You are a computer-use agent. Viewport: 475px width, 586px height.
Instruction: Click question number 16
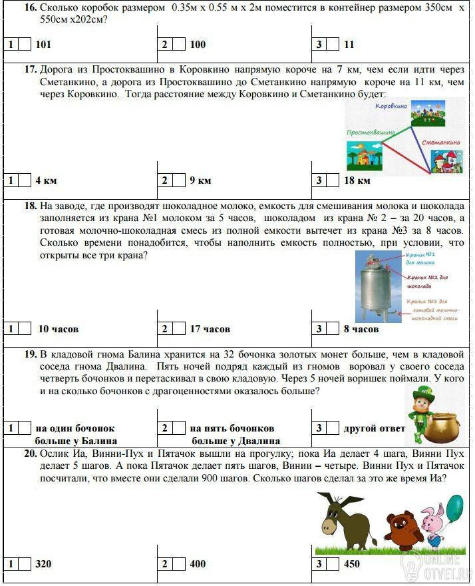pos(30,7)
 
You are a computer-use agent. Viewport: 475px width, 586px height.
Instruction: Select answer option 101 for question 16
pos(43,45)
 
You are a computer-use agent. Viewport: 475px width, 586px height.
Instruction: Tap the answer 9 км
pos(200,180)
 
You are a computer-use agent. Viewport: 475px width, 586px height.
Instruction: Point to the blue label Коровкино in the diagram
pos(391,107)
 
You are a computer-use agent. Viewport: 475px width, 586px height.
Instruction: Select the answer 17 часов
pos(210,329)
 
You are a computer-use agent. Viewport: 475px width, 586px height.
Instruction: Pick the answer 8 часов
pos(361,329)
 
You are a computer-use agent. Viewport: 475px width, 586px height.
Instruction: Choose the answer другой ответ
pos(374,428)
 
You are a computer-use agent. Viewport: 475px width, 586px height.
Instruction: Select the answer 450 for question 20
pos(352,564)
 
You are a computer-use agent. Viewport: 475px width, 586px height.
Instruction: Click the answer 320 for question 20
pos(43,564)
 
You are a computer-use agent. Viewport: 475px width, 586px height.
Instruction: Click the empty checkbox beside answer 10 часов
pos(25,329)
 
